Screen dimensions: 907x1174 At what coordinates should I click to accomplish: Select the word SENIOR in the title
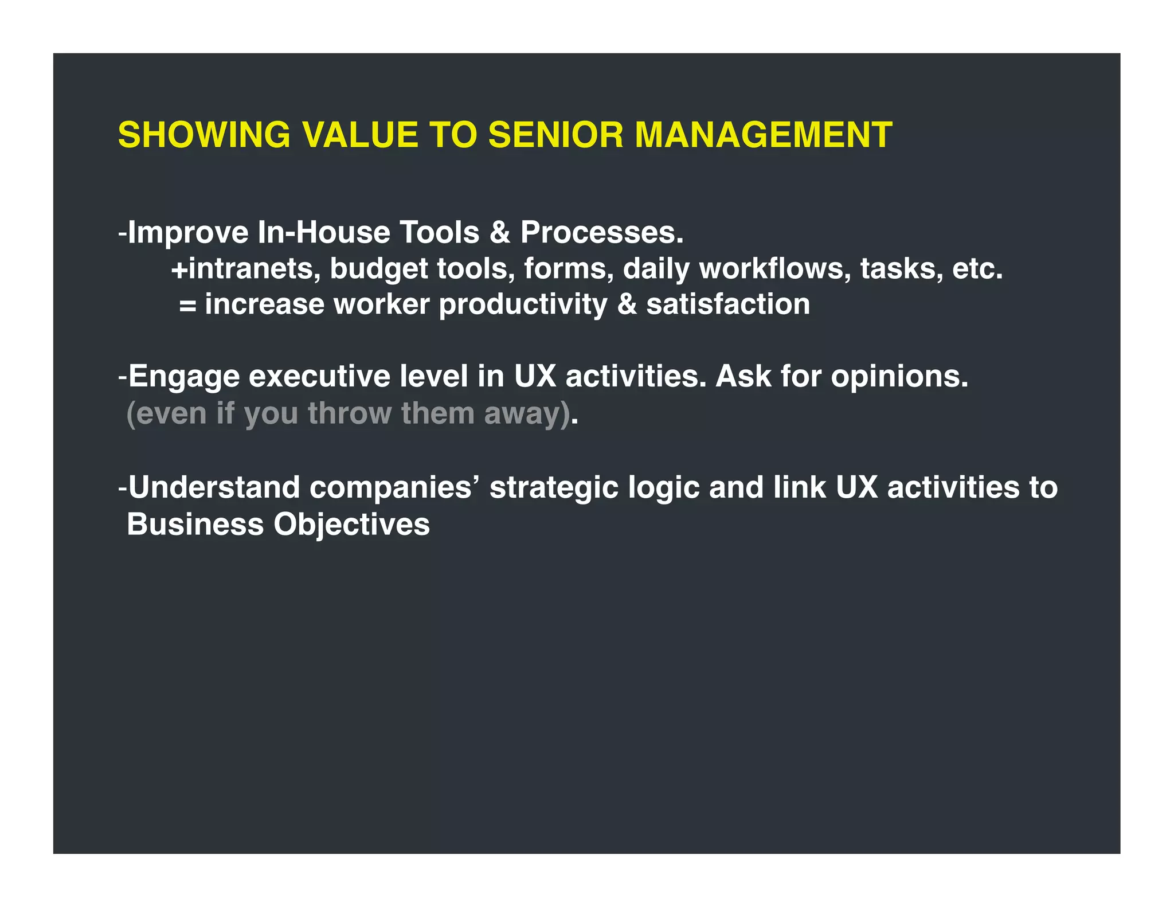point(555,135)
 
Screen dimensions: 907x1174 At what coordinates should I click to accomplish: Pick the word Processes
point(602,233)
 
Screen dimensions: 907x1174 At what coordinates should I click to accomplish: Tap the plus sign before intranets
point(179,269)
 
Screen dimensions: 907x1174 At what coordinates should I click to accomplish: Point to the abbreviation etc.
point(977,269)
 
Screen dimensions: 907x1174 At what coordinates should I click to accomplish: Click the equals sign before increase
point(187,305)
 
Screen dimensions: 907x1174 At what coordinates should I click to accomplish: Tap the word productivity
point(523,305)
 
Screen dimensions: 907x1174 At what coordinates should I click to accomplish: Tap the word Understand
point(213,488)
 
